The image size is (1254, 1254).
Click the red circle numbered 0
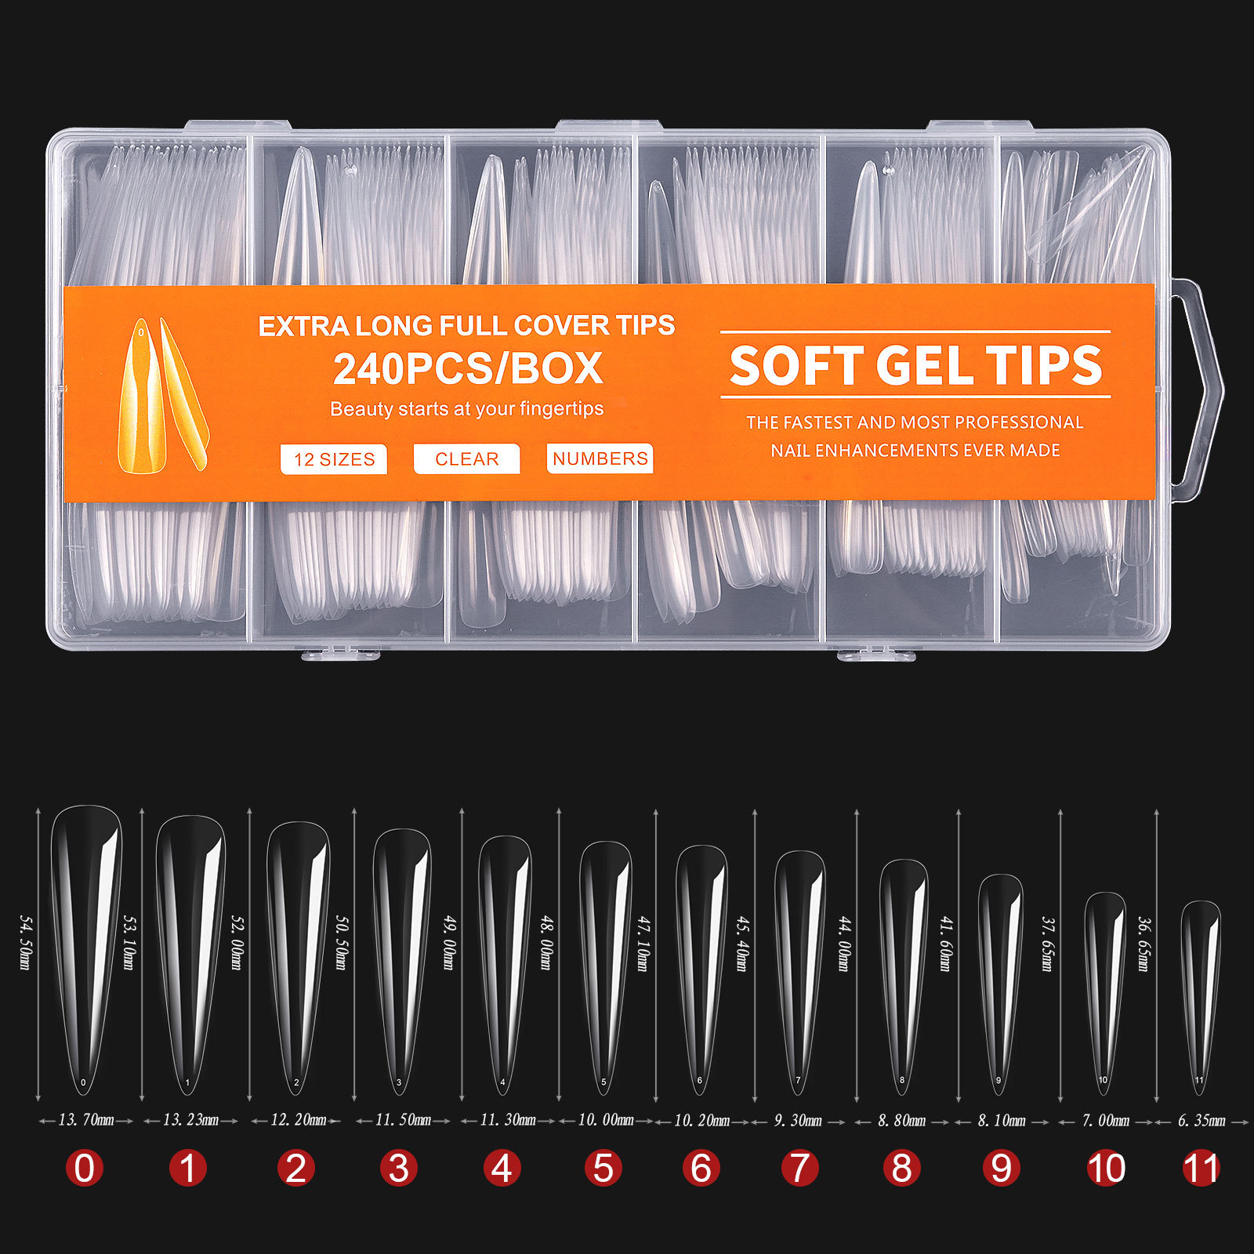84,1168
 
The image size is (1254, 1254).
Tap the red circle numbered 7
799,1168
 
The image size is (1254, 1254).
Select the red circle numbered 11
1201,1168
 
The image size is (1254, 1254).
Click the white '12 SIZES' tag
334,459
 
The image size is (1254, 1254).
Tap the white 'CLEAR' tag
466,459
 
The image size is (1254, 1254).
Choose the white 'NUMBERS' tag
600,458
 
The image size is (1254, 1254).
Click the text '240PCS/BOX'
468,368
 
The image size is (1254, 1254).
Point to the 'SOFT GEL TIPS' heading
915,366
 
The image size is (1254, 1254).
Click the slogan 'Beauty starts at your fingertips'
467,409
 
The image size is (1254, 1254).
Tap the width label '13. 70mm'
86,1120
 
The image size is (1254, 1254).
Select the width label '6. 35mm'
1201,1121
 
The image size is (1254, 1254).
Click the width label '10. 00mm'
605,1120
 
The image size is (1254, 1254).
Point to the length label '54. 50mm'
24,941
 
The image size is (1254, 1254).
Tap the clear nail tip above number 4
504,964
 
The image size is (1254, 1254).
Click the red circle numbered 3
399,1168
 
